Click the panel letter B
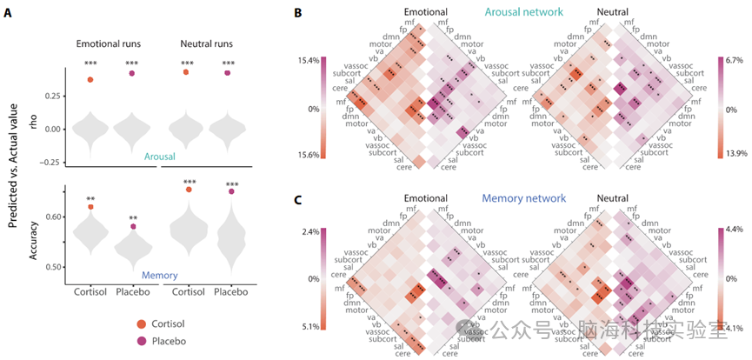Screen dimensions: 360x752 299,14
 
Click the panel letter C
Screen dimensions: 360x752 299,201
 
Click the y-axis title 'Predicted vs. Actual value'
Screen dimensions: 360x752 13,163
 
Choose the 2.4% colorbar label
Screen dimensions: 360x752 309,232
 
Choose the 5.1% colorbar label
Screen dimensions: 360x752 309,326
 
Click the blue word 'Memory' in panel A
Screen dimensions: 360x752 159,275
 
